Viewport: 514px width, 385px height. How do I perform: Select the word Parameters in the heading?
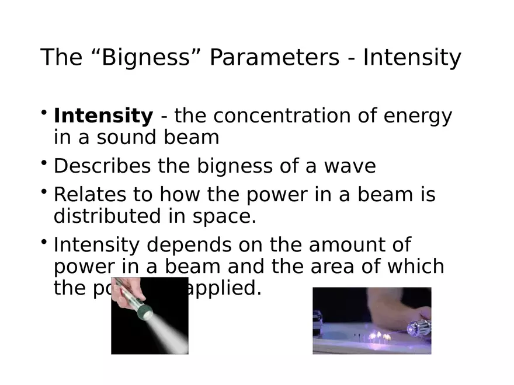(x=274, y=58)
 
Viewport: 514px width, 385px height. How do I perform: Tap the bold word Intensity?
(x=103, y=116)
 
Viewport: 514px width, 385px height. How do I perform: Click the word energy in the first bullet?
(x=418, y=116)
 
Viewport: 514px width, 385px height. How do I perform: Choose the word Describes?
(x=103, y=166)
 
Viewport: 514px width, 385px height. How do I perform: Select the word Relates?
(x=84, y=194)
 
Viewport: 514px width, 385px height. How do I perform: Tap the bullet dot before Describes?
(x=44, y=163)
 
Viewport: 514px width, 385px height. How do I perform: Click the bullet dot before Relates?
(x=44, y=191)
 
